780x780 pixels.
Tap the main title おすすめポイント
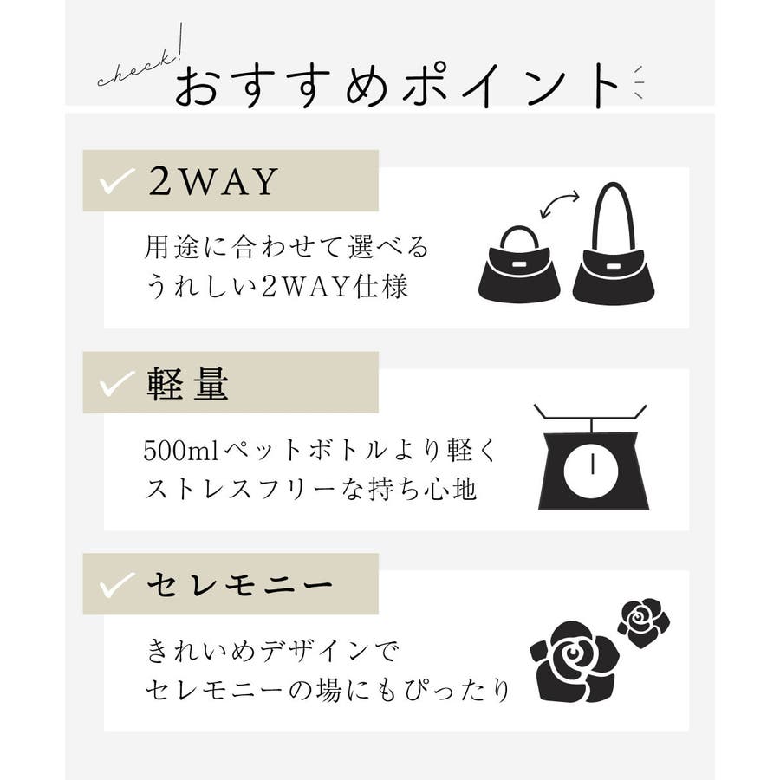pyautogui.click(x=396, y=86)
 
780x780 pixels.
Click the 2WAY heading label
pyautogui.click(x=213, y=181)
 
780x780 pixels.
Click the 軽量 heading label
pyautogui.click(x=187, y=384)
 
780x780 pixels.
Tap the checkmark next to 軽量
pyautogui.click(x=117, y=383)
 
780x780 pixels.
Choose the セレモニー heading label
pyautogui.click(x=240, y=585)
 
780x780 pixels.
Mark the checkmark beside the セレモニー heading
pyautogui.click(x=117, y=584)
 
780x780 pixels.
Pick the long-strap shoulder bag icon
pyautogui.click(x=614, y=243)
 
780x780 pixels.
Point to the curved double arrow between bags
pyautogui.click(x=560, y=204)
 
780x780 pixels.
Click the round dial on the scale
pyautogui.click(x=593, y=469)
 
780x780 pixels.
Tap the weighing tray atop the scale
pyautogui.click(x=590, y=412)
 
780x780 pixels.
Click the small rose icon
pyautogui.click(x=644, y=622)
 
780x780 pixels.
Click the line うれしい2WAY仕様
pyautogui.click(x=277, y=287)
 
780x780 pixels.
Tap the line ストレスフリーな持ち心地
pyautogui.click(x=311, y=489)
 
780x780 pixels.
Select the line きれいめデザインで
pyautogui.click(x=273, y=650)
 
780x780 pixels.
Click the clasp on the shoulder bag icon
pyautogui.click(x=613, y=267)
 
